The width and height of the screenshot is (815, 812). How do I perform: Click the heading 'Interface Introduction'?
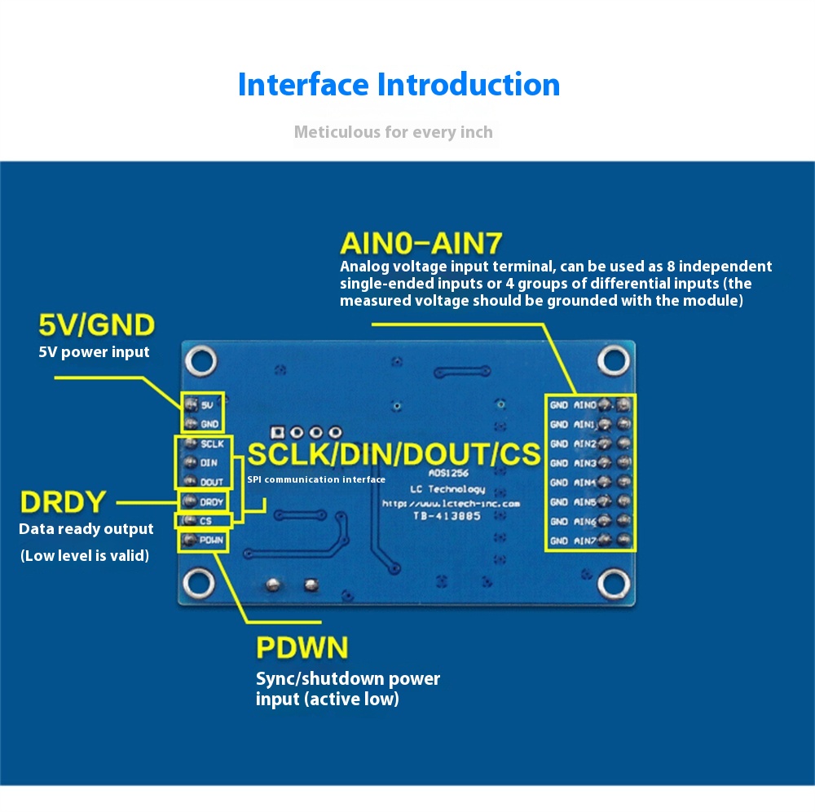(x=399, y=85)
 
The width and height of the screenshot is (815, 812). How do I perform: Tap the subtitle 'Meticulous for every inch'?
(x=393, y=132)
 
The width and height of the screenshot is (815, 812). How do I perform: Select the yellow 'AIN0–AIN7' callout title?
(x=421, y=243)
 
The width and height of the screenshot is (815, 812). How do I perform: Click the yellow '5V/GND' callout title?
(x=96, y=325)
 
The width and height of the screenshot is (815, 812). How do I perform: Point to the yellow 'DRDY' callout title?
(x=64, y=501)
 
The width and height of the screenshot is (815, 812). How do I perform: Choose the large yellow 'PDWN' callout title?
(x=302, y=648)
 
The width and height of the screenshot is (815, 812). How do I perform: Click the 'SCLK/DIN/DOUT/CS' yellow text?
(x=394, y=454)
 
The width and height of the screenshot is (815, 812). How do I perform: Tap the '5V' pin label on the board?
(x=207, y=404)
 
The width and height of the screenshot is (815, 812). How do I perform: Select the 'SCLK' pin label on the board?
(x=212, y=444)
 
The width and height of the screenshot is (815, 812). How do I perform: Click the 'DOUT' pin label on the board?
(x=211, y=482)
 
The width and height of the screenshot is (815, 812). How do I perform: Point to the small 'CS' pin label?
(x=205, y=520)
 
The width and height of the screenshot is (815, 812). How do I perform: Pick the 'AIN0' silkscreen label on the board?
(x=585, y=404)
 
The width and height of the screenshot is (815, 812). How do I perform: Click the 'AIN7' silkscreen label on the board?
(x=585, y=541)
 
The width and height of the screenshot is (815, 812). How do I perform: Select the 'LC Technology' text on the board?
(x=447, y=489)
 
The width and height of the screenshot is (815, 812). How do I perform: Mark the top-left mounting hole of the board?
(x=200, y=360)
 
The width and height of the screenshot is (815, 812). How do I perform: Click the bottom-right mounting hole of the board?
(x=612, y=581)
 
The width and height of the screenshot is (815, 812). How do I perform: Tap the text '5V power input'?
(x=95, y=352)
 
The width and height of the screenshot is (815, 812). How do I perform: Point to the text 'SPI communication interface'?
(x=316, y=479)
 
